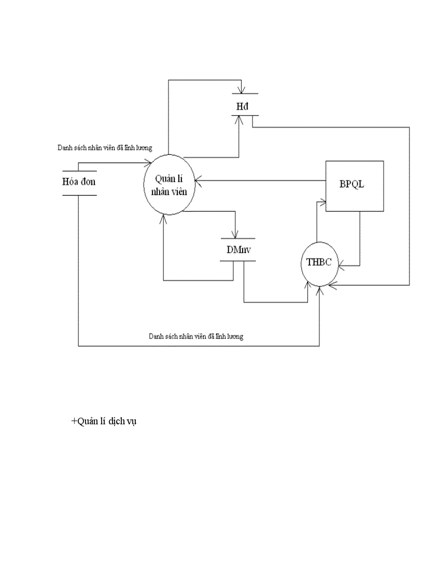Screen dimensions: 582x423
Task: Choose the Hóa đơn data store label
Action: click(x=79, y=182)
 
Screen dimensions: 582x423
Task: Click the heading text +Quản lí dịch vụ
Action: click(x=104, y=422)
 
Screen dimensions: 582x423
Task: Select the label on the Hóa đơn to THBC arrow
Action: click(x=195, y=336)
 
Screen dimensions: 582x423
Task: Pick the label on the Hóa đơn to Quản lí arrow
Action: click(x=104, y=148)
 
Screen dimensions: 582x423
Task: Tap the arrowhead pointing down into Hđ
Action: click(x=239, y=91)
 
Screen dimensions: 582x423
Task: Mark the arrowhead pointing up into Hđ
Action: click(x=239, y=119)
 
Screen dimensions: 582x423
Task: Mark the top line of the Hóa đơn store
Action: click(x=80, y=171)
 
